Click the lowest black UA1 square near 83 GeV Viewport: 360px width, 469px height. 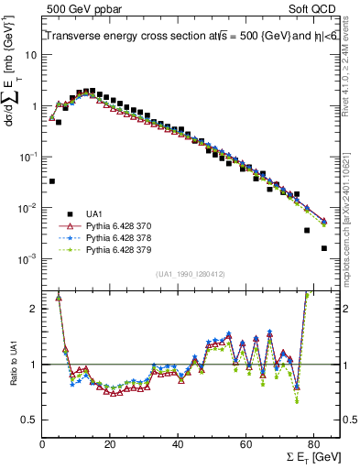coord(324,248)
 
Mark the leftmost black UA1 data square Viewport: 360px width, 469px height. coord(52,181)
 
